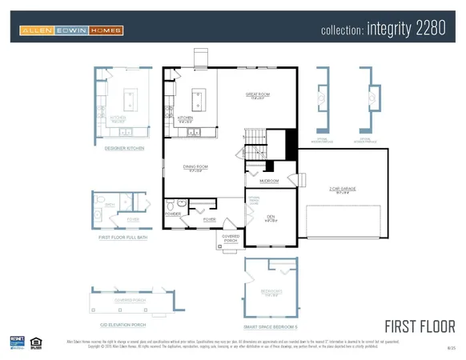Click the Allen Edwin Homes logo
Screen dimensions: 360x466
pyautogui.click(x=71, y=31)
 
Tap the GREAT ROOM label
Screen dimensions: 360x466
pyautogui.click(x=257, y=95)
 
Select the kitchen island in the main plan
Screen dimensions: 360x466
pyautogui.click(x=197, y=100)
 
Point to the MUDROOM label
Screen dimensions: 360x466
pyautogui.click(x=269, y=181)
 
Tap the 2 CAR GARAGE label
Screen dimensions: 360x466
pyautogui.click(x=342, y=189)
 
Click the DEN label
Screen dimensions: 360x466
pyautogui.click(x=271, y=217)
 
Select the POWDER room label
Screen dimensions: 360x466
pyautogui.click(x=172, y=214)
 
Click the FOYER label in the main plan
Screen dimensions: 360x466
pyautogui.click(x=209, y=219)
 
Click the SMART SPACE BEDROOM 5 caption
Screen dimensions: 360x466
pyautogui.click(x=270, y=326)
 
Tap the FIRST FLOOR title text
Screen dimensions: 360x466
pyautogui.click(x=420, y=326)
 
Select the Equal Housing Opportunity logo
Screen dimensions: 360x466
pyautogui.click(x=35, y=342)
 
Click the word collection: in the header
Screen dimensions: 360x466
pyautogui.click(x=343, y=32)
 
